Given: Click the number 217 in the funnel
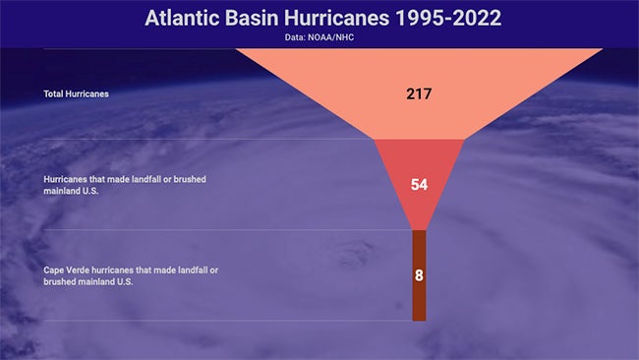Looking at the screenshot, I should [x=419, y=94].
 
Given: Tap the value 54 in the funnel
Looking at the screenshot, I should [x=419, y=185].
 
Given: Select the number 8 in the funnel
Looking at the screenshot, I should [x=419, y=275].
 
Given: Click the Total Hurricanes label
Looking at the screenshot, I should [x=76, y=94].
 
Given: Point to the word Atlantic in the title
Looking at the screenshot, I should [x=182, y=18].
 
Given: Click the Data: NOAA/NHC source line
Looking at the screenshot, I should [x=319, y=37].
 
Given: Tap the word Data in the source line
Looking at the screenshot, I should [x=296, y=37].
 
